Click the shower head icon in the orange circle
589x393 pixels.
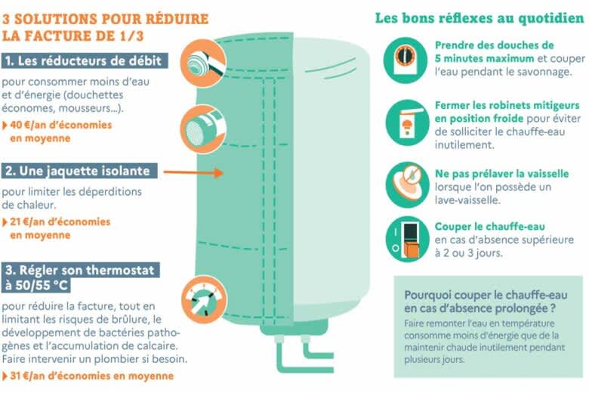pyautogui.click(x=203, y=63)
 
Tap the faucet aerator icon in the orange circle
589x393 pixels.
pyautogui.click(x=203, y=129)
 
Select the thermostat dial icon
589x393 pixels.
pyautogui.click(x=204, y=299)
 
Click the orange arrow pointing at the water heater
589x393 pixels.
pyautogui.click(x=193, y=172)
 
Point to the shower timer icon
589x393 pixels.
pyautogui.click(x=406, y=60)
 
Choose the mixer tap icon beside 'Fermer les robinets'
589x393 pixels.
pyautogui.click(x=407, y=122)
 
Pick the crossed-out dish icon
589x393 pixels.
pyautogui.click(x=407, y=184)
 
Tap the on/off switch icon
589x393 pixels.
pyautogui.click(x=407, y=239)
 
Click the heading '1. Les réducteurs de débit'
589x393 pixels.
pyautogui.click(x=85, y=61)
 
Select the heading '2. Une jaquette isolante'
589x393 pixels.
pyautogui.click(x=79, y=171)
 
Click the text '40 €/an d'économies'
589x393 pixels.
pyautogui.click(x=61, y=125)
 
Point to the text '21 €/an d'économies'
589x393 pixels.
pyautogui.click(x=60, y=221)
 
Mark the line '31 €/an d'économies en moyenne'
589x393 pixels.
pyautogui.click(x=91, y=376)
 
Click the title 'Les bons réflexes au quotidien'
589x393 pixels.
pyautogui.click(x=480, y=18)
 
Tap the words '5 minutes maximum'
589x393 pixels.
pyautogui.click(x=485, y=58)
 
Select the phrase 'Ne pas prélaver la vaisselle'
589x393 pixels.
pyautogui.click(x=502, y=174)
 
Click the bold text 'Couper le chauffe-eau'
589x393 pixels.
pyautogui.click(x=490, y=227)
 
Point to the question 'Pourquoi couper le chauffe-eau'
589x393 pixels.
pyautogui.click(x=486, y=295)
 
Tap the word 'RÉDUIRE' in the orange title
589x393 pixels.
pyautogui.click(x=177, y=19)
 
